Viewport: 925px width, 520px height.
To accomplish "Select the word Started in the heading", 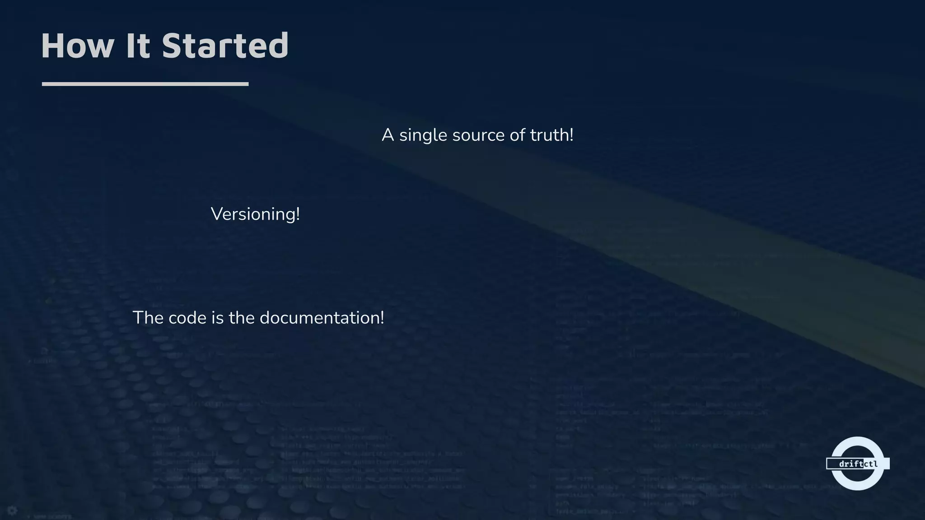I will coord(225,46).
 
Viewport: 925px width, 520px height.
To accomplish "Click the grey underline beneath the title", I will coord(145,84).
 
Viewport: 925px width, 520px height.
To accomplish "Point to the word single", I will coord(423,135).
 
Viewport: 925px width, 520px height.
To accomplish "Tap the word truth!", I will coord(551,135).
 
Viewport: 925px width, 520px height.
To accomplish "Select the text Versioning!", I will coord(255,214).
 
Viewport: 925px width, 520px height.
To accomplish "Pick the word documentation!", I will coord(322,318).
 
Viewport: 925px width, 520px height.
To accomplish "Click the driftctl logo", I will coord(857,463).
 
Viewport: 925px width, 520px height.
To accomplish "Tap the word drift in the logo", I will coord(851,464).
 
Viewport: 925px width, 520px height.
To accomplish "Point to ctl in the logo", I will coord(871,464).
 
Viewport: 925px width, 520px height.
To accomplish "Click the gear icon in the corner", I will coord(12,511).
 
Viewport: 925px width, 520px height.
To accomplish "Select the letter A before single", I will coord(388,135).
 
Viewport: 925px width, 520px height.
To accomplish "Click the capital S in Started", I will coord(172,46).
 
